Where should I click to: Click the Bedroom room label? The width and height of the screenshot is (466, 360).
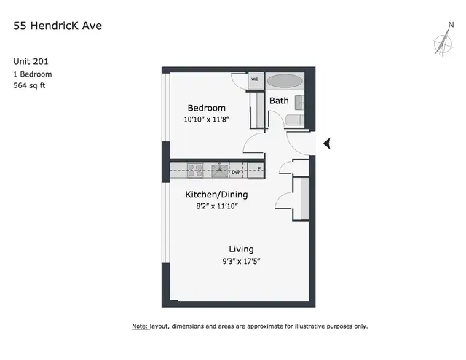207,108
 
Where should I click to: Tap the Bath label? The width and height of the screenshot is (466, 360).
279,101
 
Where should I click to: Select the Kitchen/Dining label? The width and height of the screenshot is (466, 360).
216,195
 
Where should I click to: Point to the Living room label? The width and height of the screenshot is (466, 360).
241,249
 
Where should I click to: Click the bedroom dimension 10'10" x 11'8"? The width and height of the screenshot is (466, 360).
207,120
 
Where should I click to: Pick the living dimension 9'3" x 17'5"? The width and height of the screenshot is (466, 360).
241,262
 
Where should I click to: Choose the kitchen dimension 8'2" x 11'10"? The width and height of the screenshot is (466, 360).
217,206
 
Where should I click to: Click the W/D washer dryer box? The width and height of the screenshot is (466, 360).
255,80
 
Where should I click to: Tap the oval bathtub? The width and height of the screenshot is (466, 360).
285,81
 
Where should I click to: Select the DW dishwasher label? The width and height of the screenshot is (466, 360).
235,172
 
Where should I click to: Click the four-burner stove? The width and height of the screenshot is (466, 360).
195,171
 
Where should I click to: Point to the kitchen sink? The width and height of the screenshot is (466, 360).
220,171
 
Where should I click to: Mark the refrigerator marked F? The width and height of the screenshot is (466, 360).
256,170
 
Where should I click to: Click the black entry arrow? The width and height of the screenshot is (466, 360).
327,144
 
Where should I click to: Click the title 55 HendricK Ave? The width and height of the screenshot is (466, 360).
58,26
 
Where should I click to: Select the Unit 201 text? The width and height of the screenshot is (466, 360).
31,61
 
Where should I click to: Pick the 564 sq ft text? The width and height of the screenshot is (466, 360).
29,86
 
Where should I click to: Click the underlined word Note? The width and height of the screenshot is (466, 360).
140,326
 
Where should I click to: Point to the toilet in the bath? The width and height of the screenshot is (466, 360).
294,120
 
